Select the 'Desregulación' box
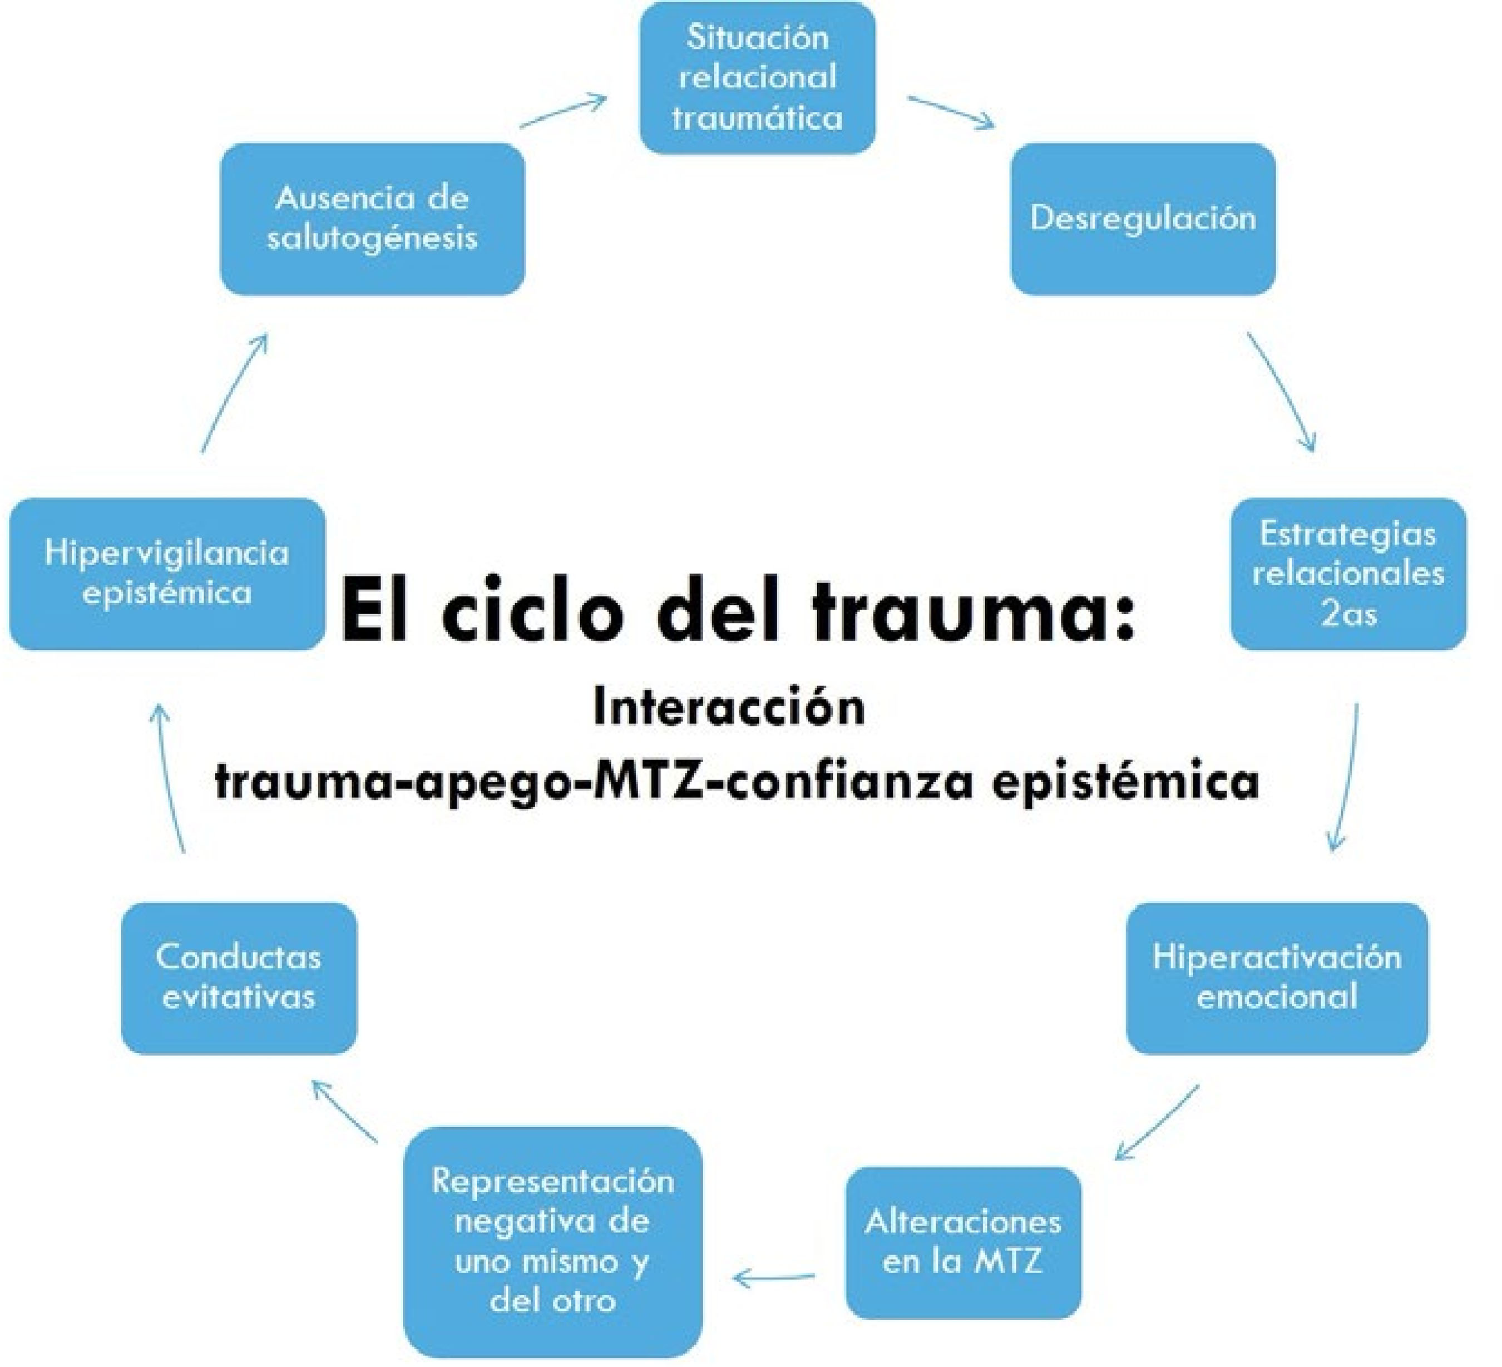[x=1142, y=218]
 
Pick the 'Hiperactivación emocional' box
[x=1276, y=978]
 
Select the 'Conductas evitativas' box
[x=239, y=978]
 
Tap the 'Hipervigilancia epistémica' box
[x=166, y=574]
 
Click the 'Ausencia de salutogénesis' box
[x=372, y=218]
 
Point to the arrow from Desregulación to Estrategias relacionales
[x=1282, y=391]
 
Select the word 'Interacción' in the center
[x=729, y=708]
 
